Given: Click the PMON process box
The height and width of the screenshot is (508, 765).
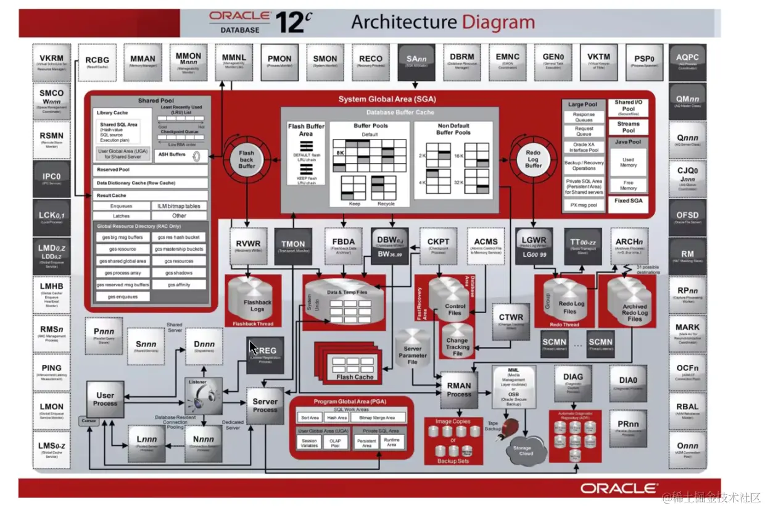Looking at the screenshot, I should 279,62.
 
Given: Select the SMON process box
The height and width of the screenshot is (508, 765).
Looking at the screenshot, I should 325,62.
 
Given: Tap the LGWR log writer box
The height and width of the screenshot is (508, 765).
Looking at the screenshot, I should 534,244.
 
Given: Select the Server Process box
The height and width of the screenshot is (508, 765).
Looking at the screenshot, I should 265,405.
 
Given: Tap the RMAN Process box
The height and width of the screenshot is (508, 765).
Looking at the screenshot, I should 459,389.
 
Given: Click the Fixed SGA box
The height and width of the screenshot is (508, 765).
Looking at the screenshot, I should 628,201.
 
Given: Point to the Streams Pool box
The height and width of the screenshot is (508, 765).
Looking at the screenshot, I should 628,127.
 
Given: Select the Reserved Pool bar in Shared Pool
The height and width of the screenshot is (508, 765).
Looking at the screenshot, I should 151,169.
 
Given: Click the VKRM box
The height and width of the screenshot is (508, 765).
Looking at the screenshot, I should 51,63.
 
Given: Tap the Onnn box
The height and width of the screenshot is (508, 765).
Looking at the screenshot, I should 687,449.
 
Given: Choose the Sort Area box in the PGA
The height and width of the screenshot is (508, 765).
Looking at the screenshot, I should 310,418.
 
